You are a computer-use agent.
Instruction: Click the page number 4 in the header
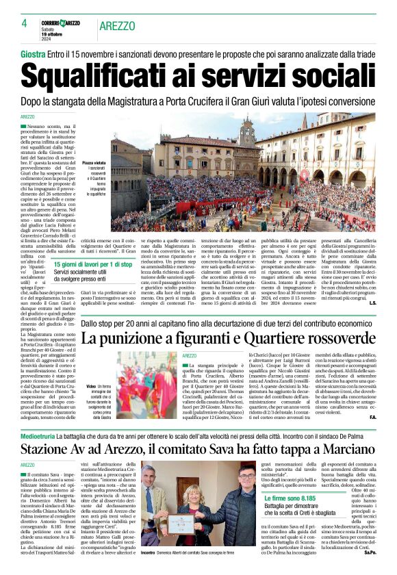click(x=23, y=23)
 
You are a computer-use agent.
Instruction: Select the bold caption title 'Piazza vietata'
click(x=94, y=162)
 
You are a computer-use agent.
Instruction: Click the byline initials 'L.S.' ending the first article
click(x=372, y=303)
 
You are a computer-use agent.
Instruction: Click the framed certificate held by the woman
click(x=181, y=524)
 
